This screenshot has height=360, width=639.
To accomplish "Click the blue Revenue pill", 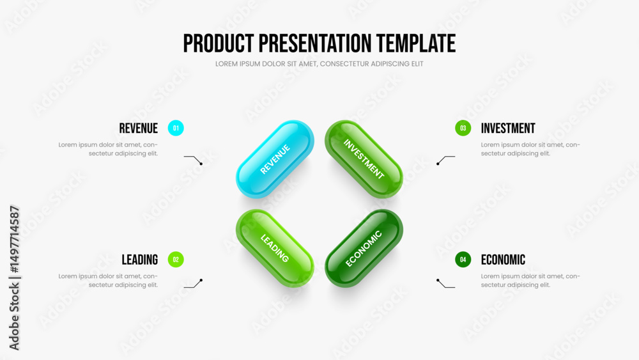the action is [x=275, y=159].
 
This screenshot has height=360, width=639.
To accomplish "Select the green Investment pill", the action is [x=364, y=159].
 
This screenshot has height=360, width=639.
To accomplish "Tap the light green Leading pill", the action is [x=275, y=248].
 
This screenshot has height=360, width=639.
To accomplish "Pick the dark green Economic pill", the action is [x=364, y=248].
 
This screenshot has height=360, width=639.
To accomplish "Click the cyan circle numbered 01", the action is [x=176, y=128].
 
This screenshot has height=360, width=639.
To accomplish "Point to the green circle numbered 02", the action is [x=176, y=260].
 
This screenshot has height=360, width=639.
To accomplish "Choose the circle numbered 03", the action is [x=463, y=128].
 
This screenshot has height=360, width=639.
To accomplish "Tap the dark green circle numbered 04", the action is [x=463, y=260].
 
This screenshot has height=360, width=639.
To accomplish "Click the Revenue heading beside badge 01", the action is [x=138, y=129].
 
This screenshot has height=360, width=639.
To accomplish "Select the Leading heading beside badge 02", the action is [x=140, y=260].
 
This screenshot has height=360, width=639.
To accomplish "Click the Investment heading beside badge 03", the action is [x=508, y=129].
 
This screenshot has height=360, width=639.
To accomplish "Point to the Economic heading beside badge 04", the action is [x=503, y=260].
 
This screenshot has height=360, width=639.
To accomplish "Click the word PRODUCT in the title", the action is [x=219, y=43].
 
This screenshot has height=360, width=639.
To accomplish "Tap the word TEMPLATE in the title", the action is [x=416, y=43].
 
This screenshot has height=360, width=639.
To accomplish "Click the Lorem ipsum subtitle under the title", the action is [x=319, y=64].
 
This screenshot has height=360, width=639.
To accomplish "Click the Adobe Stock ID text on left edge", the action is [x=14, y=278].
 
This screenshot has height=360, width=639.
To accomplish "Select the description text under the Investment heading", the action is [x=530, y=149].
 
